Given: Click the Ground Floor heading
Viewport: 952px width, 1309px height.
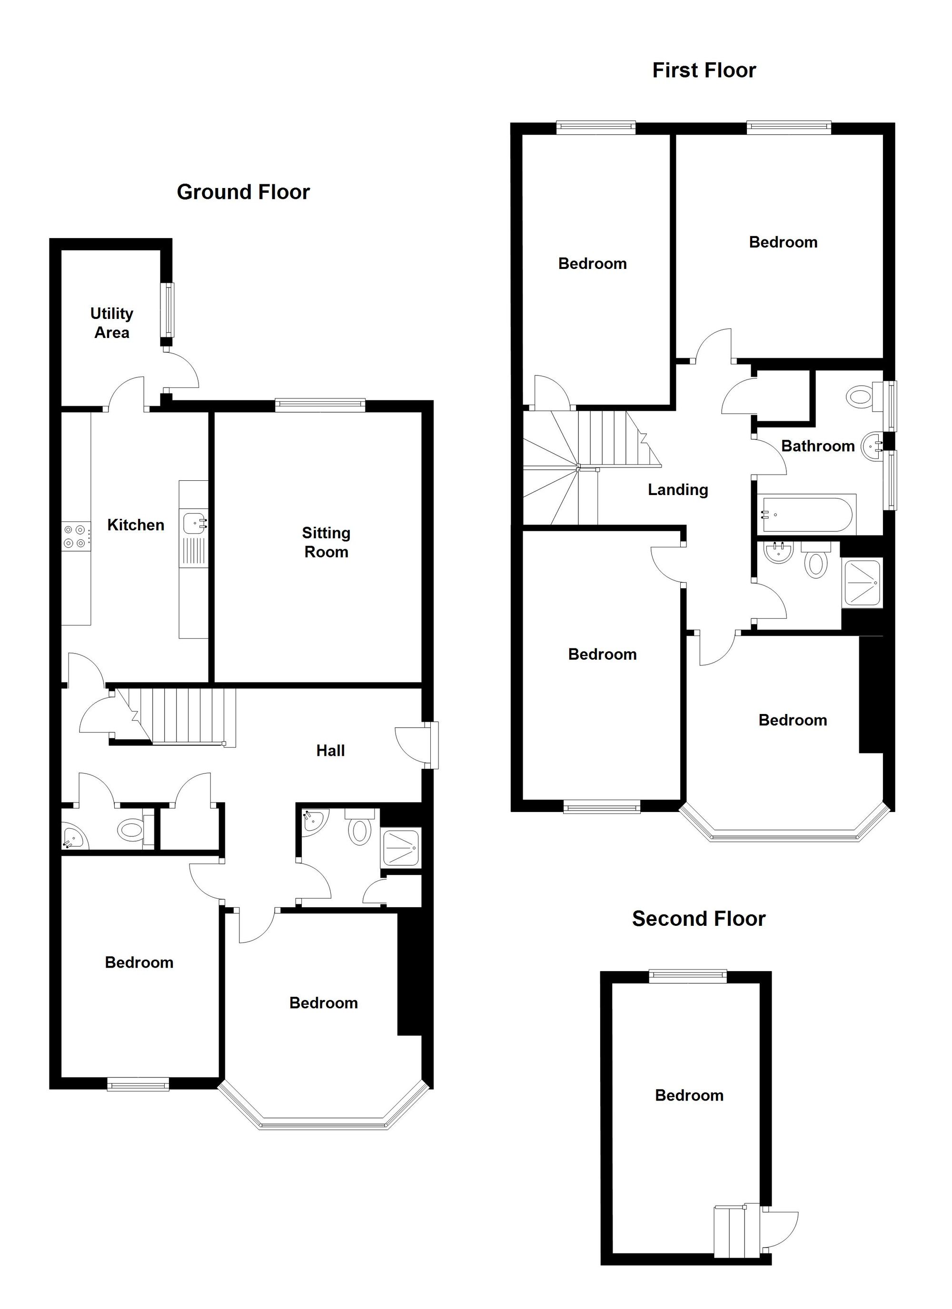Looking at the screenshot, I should tap(243, 192).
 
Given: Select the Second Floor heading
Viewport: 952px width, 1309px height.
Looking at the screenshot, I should tap(699, 918).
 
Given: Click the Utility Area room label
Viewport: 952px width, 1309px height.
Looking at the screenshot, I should tap(111, 323).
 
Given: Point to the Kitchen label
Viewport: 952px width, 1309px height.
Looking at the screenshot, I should tap(136, 525).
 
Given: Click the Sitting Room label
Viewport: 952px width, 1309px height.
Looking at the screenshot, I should tap(326, 543).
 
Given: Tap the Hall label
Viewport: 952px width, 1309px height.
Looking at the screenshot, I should tap(330, 750).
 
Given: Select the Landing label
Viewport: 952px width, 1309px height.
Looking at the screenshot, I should tap(678, 490).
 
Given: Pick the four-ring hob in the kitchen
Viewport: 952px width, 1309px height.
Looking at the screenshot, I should tap(76, 535).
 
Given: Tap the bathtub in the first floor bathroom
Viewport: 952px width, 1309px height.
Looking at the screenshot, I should tap(806, 514).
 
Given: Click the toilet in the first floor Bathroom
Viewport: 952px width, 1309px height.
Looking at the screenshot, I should tap(860, 397).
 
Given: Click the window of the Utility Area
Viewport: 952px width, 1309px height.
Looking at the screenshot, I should tap(167, 310).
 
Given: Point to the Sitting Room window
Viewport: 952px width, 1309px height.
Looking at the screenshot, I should tap(320, 405).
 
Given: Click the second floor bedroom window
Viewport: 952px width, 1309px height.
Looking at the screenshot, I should tap(688, 976).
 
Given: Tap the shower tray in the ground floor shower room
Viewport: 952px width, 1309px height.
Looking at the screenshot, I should tap(401, 847).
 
